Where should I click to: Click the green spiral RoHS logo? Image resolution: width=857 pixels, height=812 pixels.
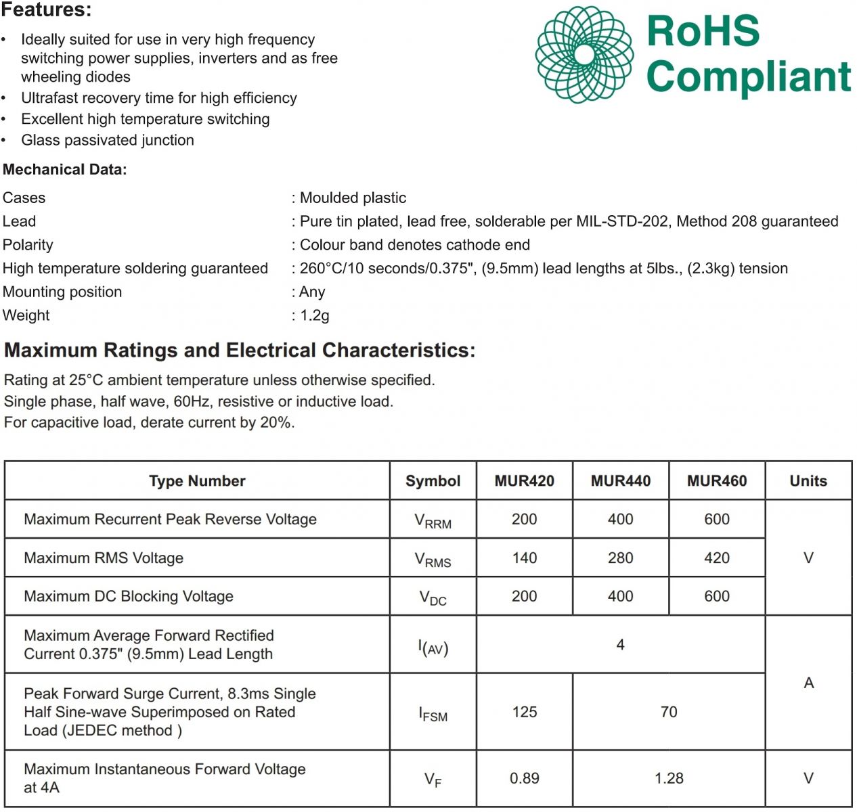[x=584, y=55]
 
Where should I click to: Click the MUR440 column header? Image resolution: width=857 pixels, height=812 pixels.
[x=620, y=481]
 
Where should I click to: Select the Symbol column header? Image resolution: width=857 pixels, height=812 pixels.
[x=433, y=481]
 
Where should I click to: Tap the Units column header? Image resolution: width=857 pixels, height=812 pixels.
[x=808, y=481]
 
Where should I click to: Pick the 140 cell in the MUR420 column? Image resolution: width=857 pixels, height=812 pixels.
[x=524, y=558]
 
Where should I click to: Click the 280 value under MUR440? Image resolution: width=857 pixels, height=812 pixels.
[x=620, y=558]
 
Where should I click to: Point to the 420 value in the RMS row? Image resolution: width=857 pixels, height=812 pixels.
[x=716, y=558]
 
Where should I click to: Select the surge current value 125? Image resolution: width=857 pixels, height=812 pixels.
[x=524, y=712]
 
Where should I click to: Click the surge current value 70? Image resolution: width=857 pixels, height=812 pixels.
[x=669, y=712]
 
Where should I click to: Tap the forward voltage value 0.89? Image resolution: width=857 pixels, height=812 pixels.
[x=524, y=778]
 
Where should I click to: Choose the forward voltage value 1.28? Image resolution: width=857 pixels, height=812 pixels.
[x=669, y=778]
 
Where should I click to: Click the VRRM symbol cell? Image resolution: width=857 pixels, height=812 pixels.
[x=433, y=521]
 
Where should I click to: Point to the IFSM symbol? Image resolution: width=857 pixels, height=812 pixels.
[x=433, y=714]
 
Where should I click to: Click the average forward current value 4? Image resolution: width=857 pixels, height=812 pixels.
[x=620, y=645]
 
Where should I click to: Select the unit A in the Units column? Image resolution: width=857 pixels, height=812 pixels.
[x=808, y=683]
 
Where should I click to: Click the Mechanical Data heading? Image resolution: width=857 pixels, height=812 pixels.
[x=65, y=170]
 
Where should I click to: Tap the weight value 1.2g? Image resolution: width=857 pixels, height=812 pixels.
[x=315, y=315]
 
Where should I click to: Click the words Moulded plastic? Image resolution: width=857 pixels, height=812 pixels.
[x=353, y=198]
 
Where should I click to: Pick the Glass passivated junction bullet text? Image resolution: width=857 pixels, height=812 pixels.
[x=108, y=140]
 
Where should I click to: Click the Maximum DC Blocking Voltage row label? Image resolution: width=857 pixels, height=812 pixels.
[x=129, y=596]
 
